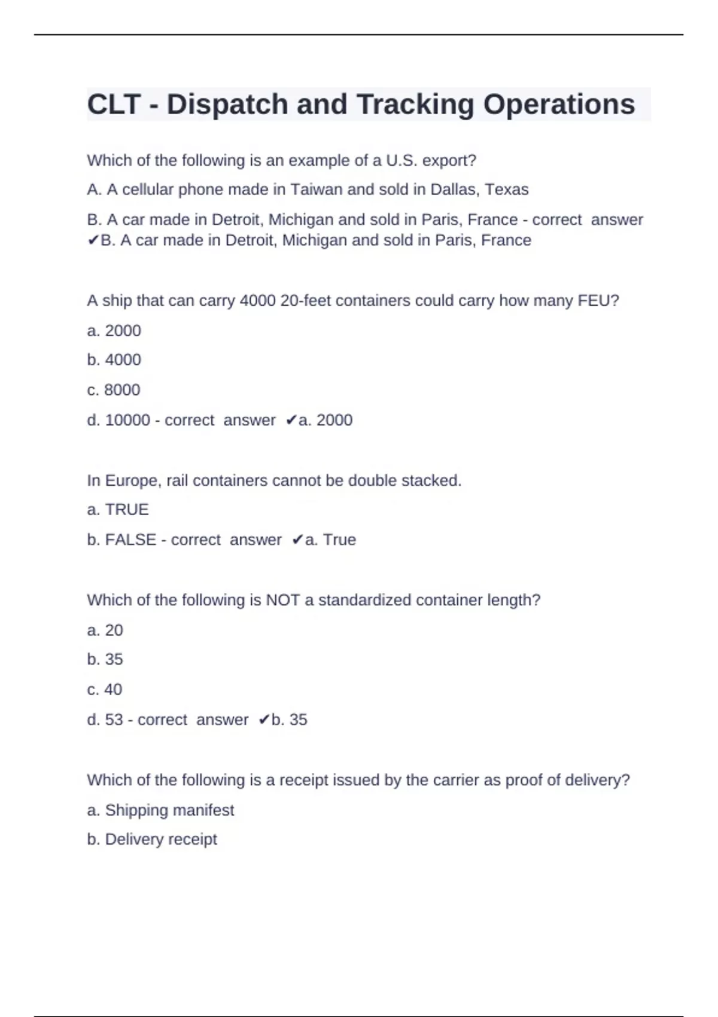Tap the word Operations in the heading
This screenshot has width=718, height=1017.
(559, 105)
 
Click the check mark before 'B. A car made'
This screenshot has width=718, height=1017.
(93, 240)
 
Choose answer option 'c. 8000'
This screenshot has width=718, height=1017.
(114, 390)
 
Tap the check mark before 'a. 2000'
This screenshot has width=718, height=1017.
(291, 421)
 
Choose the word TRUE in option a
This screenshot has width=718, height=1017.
(127, 510)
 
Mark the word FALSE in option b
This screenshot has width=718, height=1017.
(130, 540)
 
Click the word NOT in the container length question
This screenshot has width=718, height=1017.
(282, 600)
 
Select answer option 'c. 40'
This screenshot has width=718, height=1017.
(105, 690)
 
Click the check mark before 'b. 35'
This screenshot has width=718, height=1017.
(264, 720)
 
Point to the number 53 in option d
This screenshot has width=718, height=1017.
(114, 720)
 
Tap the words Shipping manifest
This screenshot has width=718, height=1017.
(169, 810)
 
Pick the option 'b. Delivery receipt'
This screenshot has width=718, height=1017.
(152, 839)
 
